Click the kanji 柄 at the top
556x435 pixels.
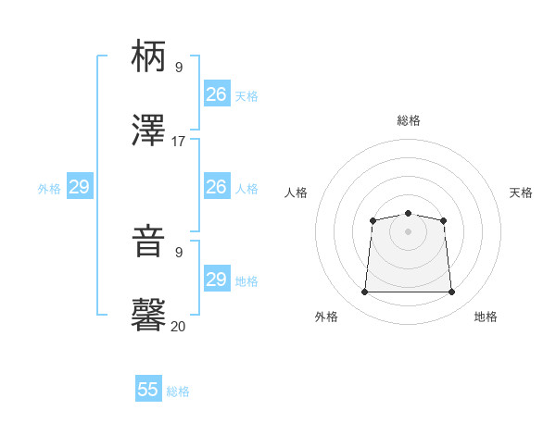[149, 57]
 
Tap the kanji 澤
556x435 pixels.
[149, 131]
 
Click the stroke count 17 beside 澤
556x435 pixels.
[179, 142]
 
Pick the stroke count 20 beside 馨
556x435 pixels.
[179, 326]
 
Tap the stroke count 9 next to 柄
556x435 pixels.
[179, 68]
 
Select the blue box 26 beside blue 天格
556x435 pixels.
[217, 94]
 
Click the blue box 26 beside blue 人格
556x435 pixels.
[217, 187]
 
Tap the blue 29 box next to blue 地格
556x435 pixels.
[217, 279]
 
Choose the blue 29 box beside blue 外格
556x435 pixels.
[80, 187]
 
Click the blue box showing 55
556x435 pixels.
[148, 390]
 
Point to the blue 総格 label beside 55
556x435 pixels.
[178, 391]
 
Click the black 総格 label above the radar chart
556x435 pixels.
[409, 120]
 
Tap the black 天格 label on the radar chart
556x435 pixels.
[521, 193]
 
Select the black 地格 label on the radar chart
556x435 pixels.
[486, 317]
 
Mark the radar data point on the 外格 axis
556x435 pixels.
[364, 292]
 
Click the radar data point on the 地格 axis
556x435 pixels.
[452, 292]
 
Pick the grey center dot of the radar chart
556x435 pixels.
[408, 231]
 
